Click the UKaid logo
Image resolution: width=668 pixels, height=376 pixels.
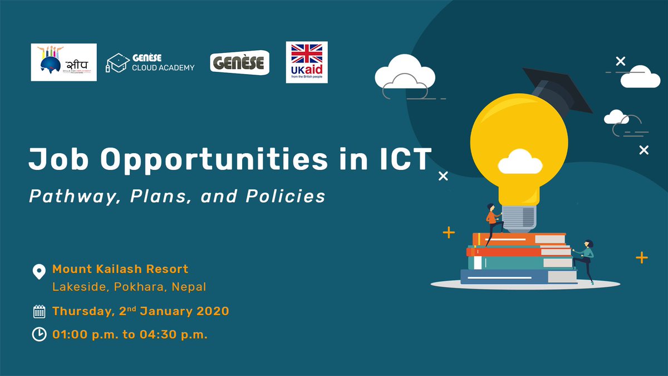pyautogui.click(x=306, y=62)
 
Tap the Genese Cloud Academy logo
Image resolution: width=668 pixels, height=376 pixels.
pyautogui.click(x=150, y=63)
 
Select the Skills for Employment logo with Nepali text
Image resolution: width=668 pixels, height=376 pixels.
pyautogui.click(x=63, y=62)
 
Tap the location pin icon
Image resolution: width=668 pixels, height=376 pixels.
pyautogui.click(x=38, y=272)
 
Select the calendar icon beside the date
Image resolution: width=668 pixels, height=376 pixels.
pyautogui.click(x=39, y=311)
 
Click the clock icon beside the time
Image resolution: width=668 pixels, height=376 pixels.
pyautogui.click(x=39, y=335)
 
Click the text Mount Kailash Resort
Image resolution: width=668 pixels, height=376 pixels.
pyautogui.click(x=120, y=269)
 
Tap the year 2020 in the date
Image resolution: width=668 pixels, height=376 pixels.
pyautogui.click(x=212, y=311)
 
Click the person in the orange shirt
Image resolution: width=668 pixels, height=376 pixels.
pyautogui.click(x=492, y=220)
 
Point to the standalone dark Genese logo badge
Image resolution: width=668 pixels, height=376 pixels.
pyautogui.click(x=240, y=63)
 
